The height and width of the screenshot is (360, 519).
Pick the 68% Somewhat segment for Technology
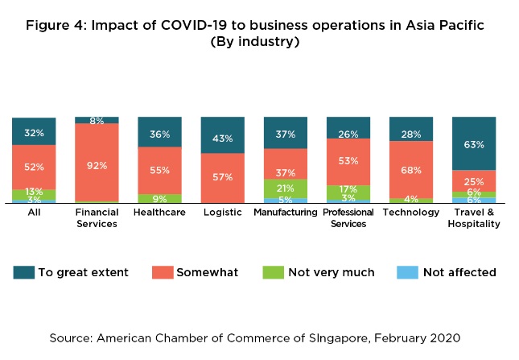(410, 170)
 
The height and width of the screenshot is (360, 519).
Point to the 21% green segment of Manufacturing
(285, 188)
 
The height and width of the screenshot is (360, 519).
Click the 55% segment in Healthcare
(159, 171)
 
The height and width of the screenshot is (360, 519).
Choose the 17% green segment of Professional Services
(348, 190)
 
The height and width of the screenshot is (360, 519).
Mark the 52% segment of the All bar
(34, 167)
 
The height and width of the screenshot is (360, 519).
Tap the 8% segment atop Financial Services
(97, 120)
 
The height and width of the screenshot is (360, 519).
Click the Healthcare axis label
(159, 213)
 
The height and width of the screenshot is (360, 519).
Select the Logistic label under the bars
(222, 213)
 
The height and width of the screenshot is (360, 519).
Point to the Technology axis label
(410, 213)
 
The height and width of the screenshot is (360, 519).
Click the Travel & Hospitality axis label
(474, 217)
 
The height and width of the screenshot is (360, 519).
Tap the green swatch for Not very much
(274, 272)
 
